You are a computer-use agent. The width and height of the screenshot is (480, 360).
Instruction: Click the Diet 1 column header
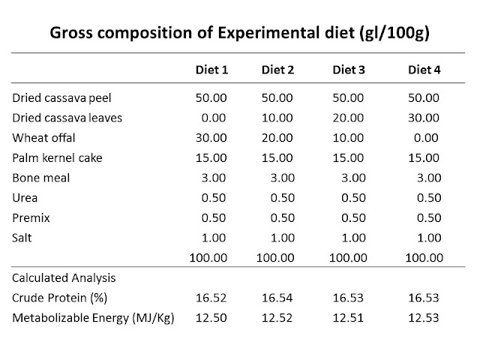tap(211, 70)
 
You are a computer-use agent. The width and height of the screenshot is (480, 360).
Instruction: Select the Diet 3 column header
tap(349, 70)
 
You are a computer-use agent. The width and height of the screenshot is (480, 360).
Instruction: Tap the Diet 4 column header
tap(424, 70)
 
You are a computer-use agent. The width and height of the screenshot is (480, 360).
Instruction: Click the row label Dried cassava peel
tap(61, 98)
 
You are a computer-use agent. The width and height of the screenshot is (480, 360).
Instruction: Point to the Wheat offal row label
tap(43, 138)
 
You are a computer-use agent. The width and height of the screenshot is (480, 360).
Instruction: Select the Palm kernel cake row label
tap(57, 158)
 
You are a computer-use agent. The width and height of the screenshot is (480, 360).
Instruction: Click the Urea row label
tap(25, 198)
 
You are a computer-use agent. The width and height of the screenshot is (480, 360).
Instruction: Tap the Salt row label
tap(22, 238)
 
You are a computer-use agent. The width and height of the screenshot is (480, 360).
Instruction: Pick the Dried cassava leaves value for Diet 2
tap(277, 118)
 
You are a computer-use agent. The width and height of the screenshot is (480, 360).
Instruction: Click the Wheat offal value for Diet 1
tap(211, 138)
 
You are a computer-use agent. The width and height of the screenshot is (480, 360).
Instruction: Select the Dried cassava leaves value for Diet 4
tap(424, 118)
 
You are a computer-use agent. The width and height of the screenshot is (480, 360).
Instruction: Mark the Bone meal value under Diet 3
tap(353, 178)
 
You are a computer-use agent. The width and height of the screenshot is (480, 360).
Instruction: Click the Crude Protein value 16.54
tap(277, 298)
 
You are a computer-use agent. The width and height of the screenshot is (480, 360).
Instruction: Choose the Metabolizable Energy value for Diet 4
tap(424, 318)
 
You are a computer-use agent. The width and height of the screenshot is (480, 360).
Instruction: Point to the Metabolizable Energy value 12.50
tap(211, 318)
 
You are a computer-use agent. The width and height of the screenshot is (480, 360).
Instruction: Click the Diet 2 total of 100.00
tap(275, 258)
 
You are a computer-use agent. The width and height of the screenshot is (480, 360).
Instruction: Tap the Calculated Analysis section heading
tap(64, 278)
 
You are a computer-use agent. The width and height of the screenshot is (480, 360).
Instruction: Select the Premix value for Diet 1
tap(214, 218)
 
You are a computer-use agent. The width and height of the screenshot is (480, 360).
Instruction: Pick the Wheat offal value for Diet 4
tap(426, 138)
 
